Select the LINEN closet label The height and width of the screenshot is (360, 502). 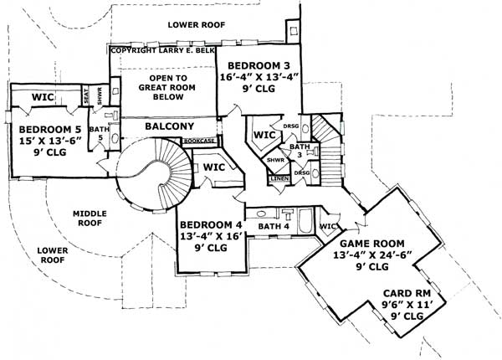coord(279,178)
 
